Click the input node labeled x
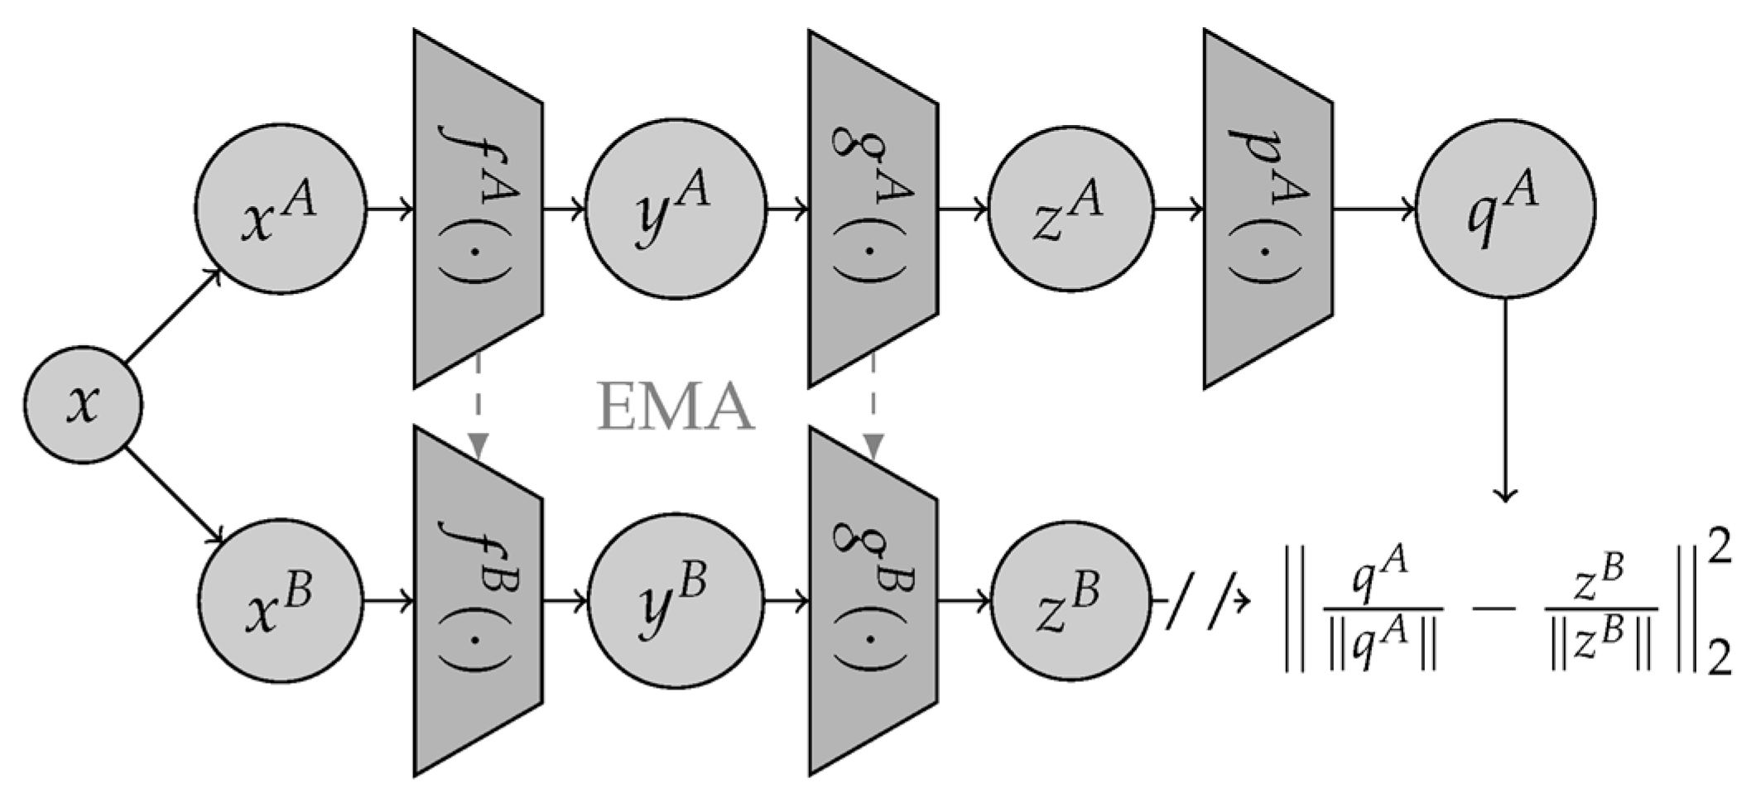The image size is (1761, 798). [82, 404]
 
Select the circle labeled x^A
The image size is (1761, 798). [280, 209]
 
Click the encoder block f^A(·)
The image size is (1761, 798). [478, 209]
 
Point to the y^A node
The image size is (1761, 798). [676, 209]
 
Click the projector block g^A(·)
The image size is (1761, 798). [873, 209]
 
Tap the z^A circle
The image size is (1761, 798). [1070, 209]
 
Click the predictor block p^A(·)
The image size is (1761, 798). [1268, 209]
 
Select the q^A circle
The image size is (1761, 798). [1505, 209]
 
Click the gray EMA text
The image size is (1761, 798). [676, 407]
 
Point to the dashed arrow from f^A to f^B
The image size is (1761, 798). [478, 406]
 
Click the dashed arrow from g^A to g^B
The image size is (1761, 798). [873, 406]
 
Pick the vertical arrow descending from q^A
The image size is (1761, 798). [1505, 397]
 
